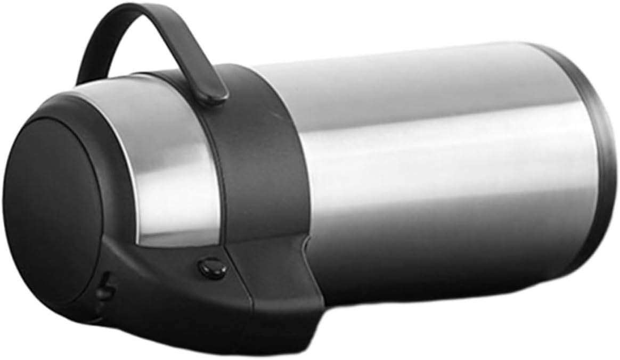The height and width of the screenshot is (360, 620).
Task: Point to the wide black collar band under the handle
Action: coord(266,160)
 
